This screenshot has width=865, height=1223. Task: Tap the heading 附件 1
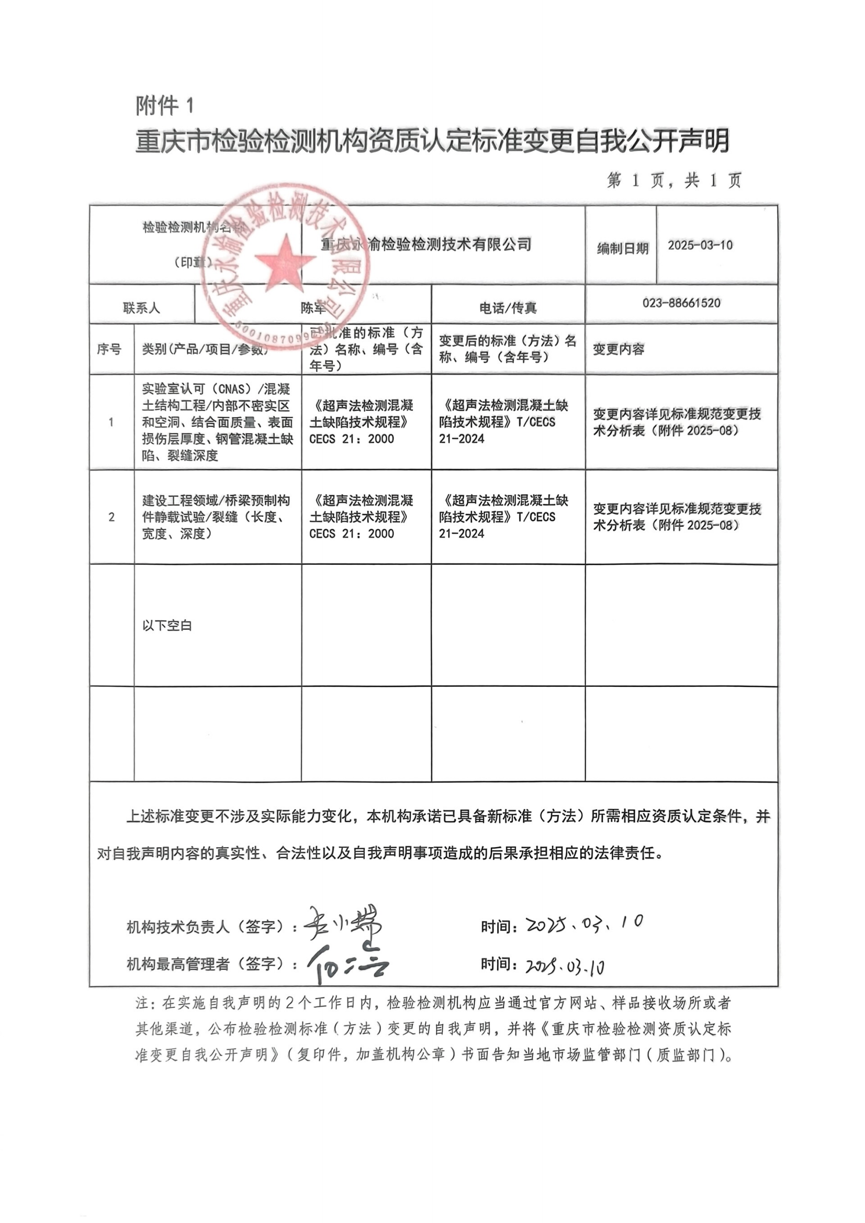[x=165, y=106]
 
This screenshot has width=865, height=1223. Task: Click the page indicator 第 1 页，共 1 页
[x=674, y=181]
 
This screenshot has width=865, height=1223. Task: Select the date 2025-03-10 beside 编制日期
[x=700, y=245]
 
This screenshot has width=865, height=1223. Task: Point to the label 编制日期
[x=623, y=248]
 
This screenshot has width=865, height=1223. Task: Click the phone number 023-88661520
[x=681, y=303]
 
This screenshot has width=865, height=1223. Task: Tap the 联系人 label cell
[x=142, y=307]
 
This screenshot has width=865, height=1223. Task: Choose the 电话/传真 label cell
[x=508, y=307]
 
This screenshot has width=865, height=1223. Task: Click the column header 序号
[x=109, y=349]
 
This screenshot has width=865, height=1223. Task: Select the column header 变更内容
[x=619, y=349]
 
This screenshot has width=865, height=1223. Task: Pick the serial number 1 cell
[x=111, y=422]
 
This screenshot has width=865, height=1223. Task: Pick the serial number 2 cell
[x=111, y=517]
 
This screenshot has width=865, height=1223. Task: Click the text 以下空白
[x=167, y=626]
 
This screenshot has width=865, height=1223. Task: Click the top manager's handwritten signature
[x=347, y=965]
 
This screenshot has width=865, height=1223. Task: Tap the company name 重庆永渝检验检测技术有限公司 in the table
[x=426, y=244]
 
